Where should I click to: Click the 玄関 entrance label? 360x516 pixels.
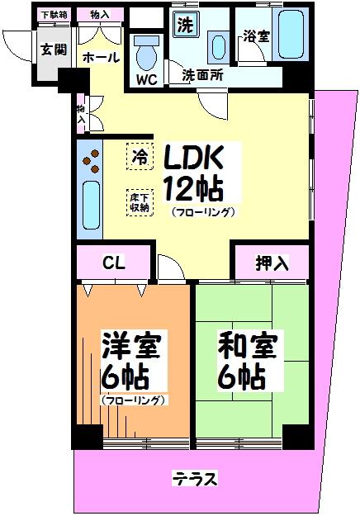click(54, 50)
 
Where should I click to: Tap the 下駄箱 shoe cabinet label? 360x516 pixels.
click(54, 15)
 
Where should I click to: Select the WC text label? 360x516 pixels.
click(147, 79)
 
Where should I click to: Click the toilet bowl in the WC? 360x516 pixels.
click(146, 53)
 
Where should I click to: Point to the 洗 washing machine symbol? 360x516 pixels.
click(186, 24)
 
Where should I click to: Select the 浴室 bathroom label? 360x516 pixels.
click(256, 36)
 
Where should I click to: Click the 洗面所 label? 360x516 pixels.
click(202, 75)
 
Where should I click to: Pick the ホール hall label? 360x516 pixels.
click(101, 58)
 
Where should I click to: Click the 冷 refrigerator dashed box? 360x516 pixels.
click(140, 156)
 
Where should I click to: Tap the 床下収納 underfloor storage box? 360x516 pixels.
click(140, 202)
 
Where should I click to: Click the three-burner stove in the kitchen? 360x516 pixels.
click(90, 161)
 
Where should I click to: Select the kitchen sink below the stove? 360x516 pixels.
click(91, 205)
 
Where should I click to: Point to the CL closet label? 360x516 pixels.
click(114, 263)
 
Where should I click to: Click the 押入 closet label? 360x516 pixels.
click(272, 263)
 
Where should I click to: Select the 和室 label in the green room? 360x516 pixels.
click(247, 345)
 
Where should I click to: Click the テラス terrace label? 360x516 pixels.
click(195, 479)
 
